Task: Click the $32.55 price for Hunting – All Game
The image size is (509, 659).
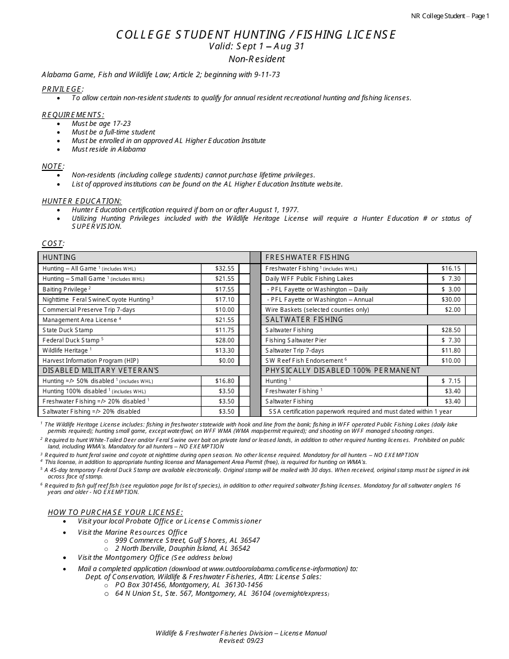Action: coord(224,268)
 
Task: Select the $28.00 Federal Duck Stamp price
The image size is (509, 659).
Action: coord(224,340)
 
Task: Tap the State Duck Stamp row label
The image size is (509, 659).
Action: coord(68,330)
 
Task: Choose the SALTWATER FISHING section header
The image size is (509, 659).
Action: coord(304,320)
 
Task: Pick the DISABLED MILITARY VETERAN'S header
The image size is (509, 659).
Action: coord(101,371)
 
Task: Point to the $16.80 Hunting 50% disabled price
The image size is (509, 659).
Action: coord(224,381)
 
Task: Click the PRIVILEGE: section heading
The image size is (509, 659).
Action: coord(63,89)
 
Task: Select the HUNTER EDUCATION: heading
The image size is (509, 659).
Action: coord(81,201)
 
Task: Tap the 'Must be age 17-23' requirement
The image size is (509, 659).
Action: coord(101,123)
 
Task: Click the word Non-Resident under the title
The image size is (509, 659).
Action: coord(257,59)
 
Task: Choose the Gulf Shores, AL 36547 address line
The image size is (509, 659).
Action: coord(188,540)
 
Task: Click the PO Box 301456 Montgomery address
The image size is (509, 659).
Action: coord(189,585)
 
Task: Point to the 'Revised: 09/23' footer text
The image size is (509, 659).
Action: coord(241,641)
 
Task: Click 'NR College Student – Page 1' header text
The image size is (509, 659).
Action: coord(450,16)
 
